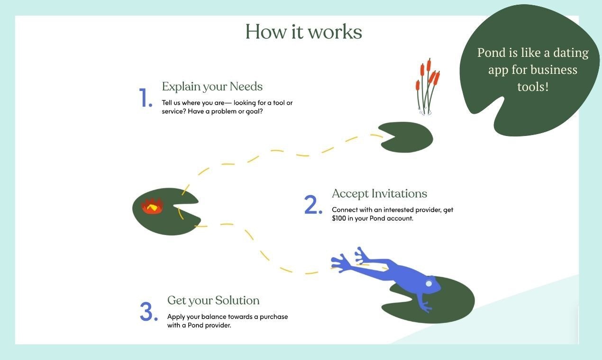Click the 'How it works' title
[303, 32]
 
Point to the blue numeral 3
[148, 311]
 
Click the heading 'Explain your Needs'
[212, 87]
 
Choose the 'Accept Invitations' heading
[379, 194]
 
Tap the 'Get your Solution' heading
[213, 300]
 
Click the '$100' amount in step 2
[339, 218]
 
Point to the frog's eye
[429, 283]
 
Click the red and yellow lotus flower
[152, 206]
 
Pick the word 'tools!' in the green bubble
[533, 87]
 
